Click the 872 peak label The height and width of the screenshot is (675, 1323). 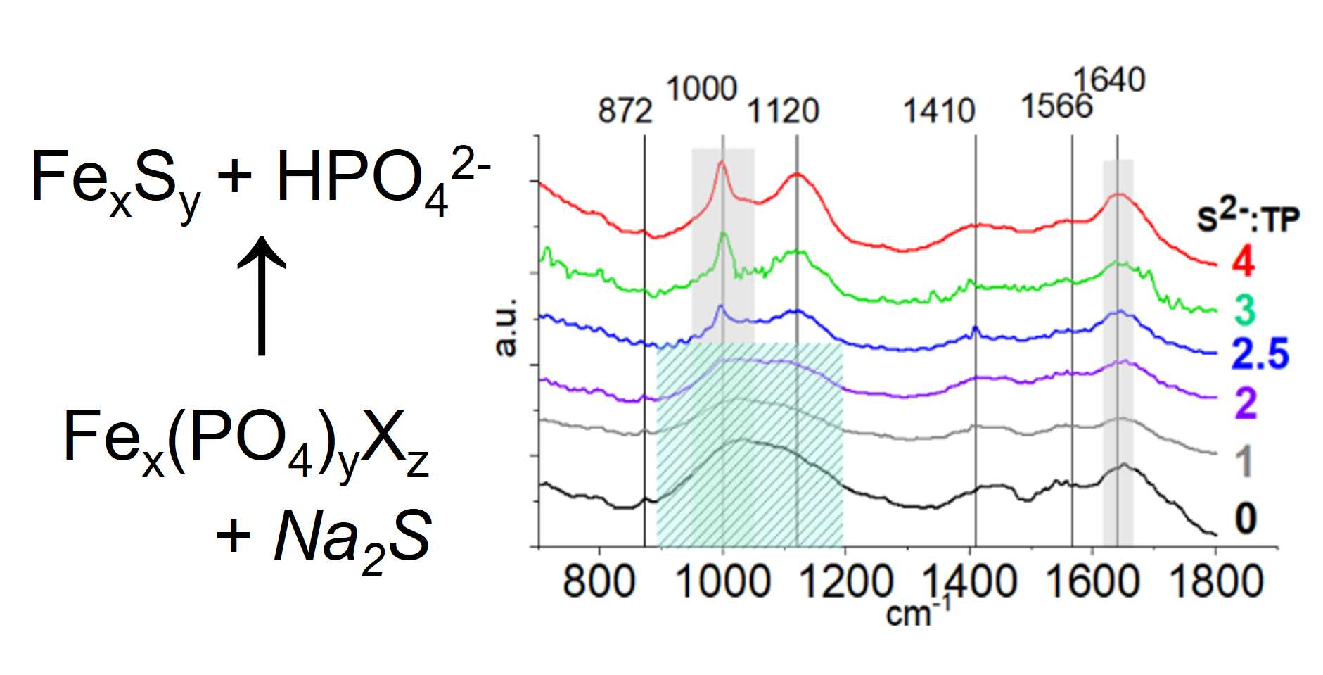point(625,111)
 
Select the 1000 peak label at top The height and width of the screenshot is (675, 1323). point(701,89)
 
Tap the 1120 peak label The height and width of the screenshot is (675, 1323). point(782,111)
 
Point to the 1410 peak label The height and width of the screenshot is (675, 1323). point(938,111)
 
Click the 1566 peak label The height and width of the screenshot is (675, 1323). point(1056,107)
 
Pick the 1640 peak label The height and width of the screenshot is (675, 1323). point(1109,80)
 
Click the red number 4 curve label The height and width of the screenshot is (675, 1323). point(1243,261)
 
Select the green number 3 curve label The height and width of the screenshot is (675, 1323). point(1244,310)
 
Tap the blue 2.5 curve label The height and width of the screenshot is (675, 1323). point(1260,354)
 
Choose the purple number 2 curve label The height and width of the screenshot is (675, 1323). point(1245,403)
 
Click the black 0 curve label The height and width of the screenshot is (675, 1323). point(1245,519)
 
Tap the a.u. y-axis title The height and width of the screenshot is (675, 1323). point(506,327)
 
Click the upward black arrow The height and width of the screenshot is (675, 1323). point(262,296)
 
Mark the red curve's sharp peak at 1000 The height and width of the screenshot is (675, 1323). point(721,163)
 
